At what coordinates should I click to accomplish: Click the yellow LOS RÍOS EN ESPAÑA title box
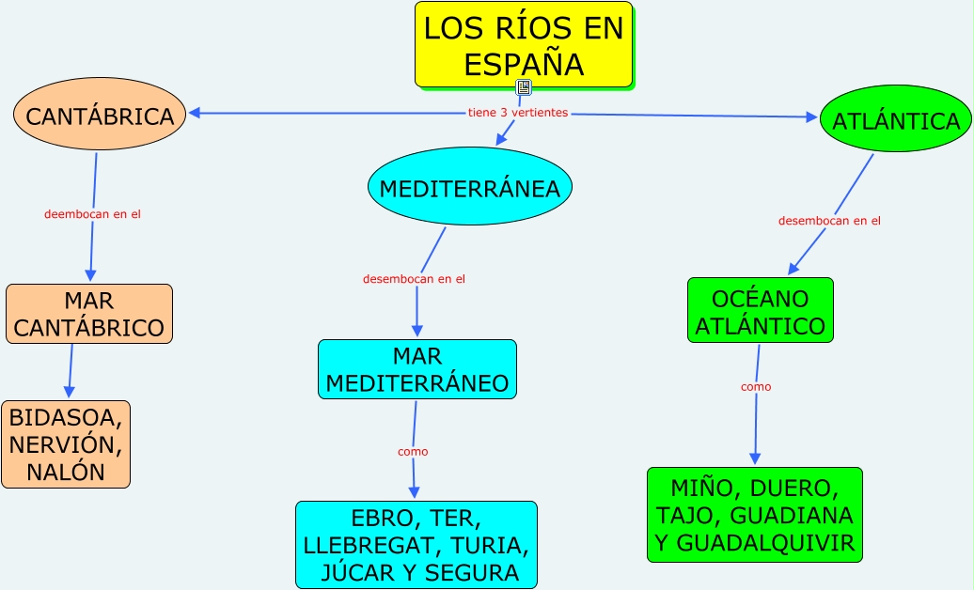pyautogui.click(x=524, y=45)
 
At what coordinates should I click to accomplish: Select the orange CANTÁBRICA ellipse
pyautogui.click(x=100, y=115)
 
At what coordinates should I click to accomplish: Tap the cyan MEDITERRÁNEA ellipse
pyautogui.click(x=469, y=187)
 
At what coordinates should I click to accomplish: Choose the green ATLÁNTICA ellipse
pyautogui.click(x=895, y=119)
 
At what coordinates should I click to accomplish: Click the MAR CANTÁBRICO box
pyautogui.click(x=89, y=314)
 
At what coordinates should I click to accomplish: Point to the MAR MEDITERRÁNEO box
pyautogui.click(x=416, y=369)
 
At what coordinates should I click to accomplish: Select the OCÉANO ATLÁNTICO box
pyautogui.click(x=760, y=311)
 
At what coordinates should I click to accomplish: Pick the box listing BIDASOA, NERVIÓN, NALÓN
pyautogui.click(x=66, y=443)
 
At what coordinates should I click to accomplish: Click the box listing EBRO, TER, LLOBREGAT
pyautogui.click(x=416, y=545)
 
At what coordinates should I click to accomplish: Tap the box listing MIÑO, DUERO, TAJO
pyautogui.click(x=754, y=515)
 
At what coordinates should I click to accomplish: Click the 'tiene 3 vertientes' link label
pyautogui.click(x=518, y=113)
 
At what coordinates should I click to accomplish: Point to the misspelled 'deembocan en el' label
pyautogui.click(x=92, y=214)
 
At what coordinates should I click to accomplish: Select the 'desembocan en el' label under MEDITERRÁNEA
pyautogui.click(x=414, y=279)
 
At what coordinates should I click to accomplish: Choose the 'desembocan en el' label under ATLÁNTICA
pyautogui.click(x=829, y=221)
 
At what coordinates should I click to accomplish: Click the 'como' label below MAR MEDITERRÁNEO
pyautogui.click(x=413, y=452)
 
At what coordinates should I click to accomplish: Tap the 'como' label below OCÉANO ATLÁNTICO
pyautogui.click(x=756, y=386)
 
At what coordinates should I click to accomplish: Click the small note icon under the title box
pyautogui.click(x=524, y=87)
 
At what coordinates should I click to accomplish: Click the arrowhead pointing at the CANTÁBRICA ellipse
pyautogui.click(x=194, y=114)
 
